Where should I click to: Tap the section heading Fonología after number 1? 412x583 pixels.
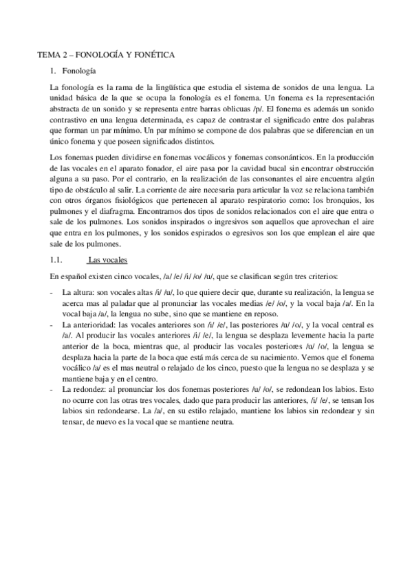79,71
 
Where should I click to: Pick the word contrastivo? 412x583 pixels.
63,120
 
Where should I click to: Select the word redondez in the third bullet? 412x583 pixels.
85,390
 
